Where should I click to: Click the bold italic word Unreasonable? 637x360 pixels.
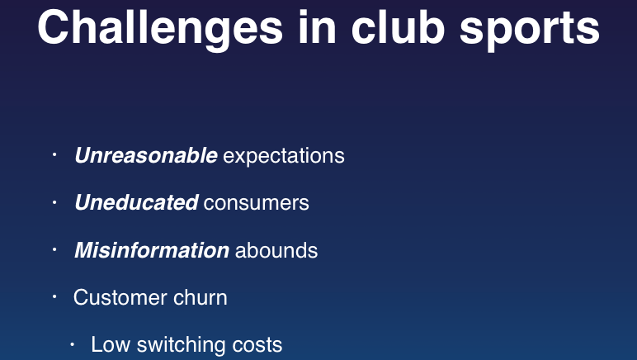click(146, 155)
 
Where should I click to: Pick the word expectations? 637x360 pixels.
click(284, 157)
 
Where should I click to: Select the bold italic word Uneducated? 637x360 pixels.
click(136, 202)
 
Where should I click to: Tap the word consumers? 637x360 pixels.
click(257, 204)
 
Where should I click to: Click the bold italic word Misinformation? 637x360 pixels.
click(152, 250)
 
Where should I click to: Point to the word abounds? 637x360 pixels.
click(276, 250)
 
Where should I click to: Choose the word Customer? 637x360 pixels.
click(120, 297)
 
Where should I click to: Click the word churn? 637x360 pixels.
click(201, 297)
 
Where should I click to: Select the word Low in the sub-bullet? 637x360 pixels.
click(111, 344)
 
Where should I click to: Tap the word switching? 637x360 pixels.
click(182, 346)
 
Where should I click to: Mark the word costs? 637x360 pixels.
click(257, 346)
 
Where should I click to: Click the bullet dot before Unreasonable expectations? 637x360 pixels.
click(54, 154)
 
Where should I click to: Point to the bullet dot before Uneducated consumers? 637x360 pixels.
click(54, 201)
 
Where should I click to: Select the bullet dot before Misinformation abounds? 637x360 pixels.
click(54, 249)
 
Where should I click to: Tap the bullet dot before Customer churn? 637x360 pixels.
click(54, 296)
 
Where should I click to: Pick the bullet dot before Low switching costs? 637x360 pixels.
click(73, 344)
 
